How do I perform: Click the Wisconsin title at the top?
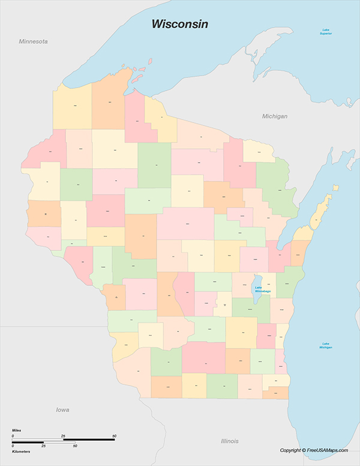click(x=179, y=24)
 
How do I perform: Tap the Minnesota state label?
click(x=33, y=42)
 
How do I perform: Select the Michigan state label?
click(x=275, y=116)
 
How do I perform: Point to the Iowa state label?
click(x=62, y=410)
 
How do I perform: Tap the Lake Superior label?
click(x=326, y=32)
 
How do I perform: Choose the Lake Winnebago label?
click(x=263, y=289)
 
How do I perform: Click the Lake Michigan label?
click(x=326, y=345)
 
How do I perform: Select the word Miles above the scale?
click(x=17, y=431)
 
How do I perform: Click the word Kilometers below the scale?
click(x=22, y=450)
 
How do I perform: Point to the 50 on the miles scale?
click(x=114, y=435)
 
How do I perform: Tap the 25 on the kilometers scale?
click(x=43, y=446)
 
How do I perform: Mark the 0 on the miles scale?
click(x=13, y=435)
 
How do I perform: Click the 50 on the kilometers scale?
click(x=75, y=446)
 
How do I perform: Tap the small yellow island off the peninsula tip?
click(x=335, y=188)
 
